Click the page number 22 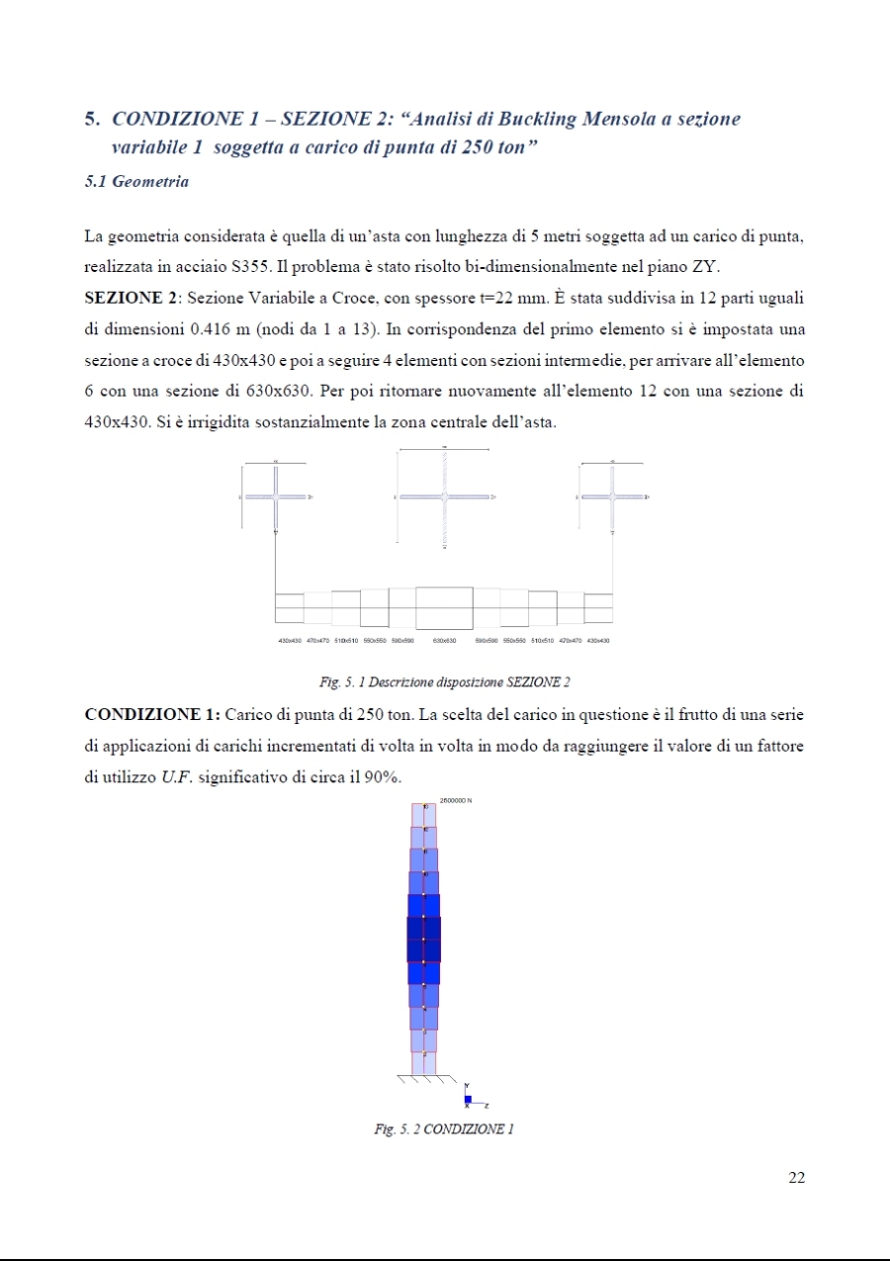point(797,1177)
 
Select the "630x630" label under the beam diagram point(446,641)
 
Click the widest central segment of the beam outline point(445,607)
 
